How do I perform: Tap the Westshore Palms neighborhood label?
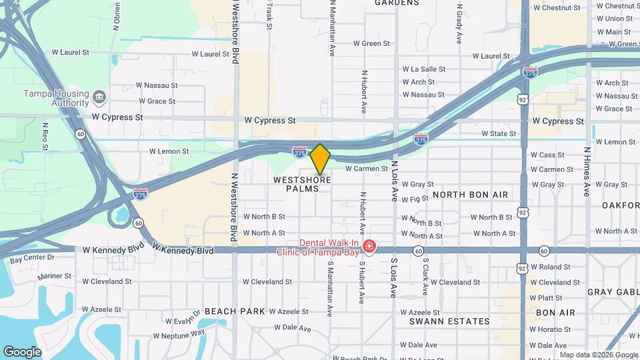[x=302, y=184]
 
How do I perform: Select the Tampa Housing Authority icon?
[x=99, y=97]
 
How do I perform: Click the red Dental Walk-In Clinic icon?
[x=369, y=248]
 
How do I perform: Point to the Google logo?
[x=22, y=351]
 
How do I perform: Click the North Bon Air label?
[x=470, y=195]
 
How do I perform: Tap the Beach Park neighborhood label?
[x=235, y=311]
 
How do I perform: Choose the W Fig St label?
[x=415, y=199]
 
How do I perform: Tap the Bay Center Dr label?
[x=31, y=257]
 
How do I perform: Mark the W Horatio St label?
[x=551, y=329]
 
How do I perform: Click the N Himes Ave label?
[x=587, y=171]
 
